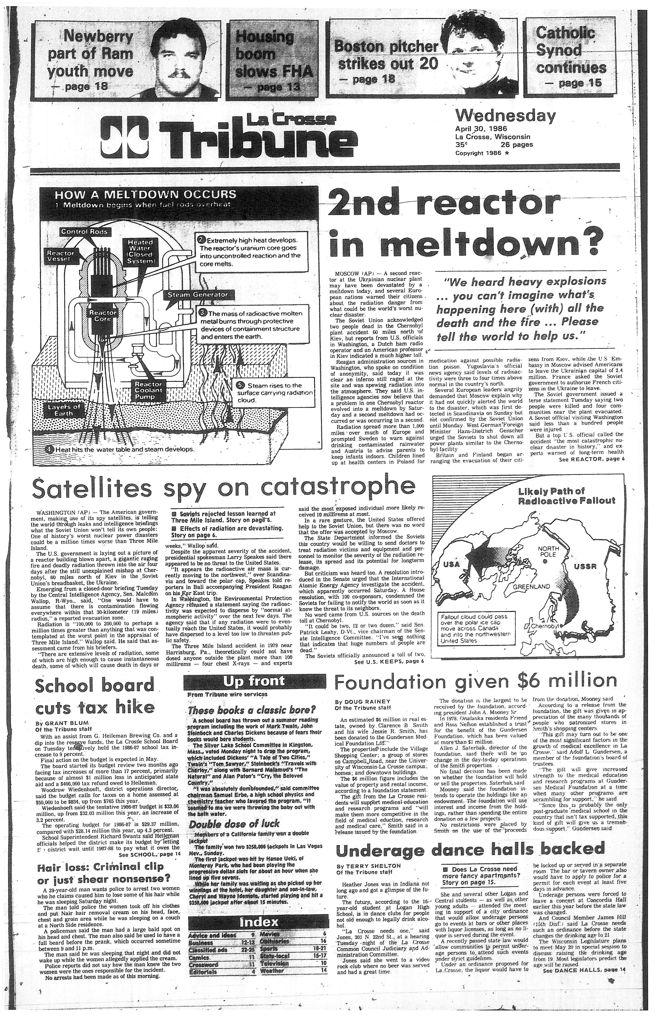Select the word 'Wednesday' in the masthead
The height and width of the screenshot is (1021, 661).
505,116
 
